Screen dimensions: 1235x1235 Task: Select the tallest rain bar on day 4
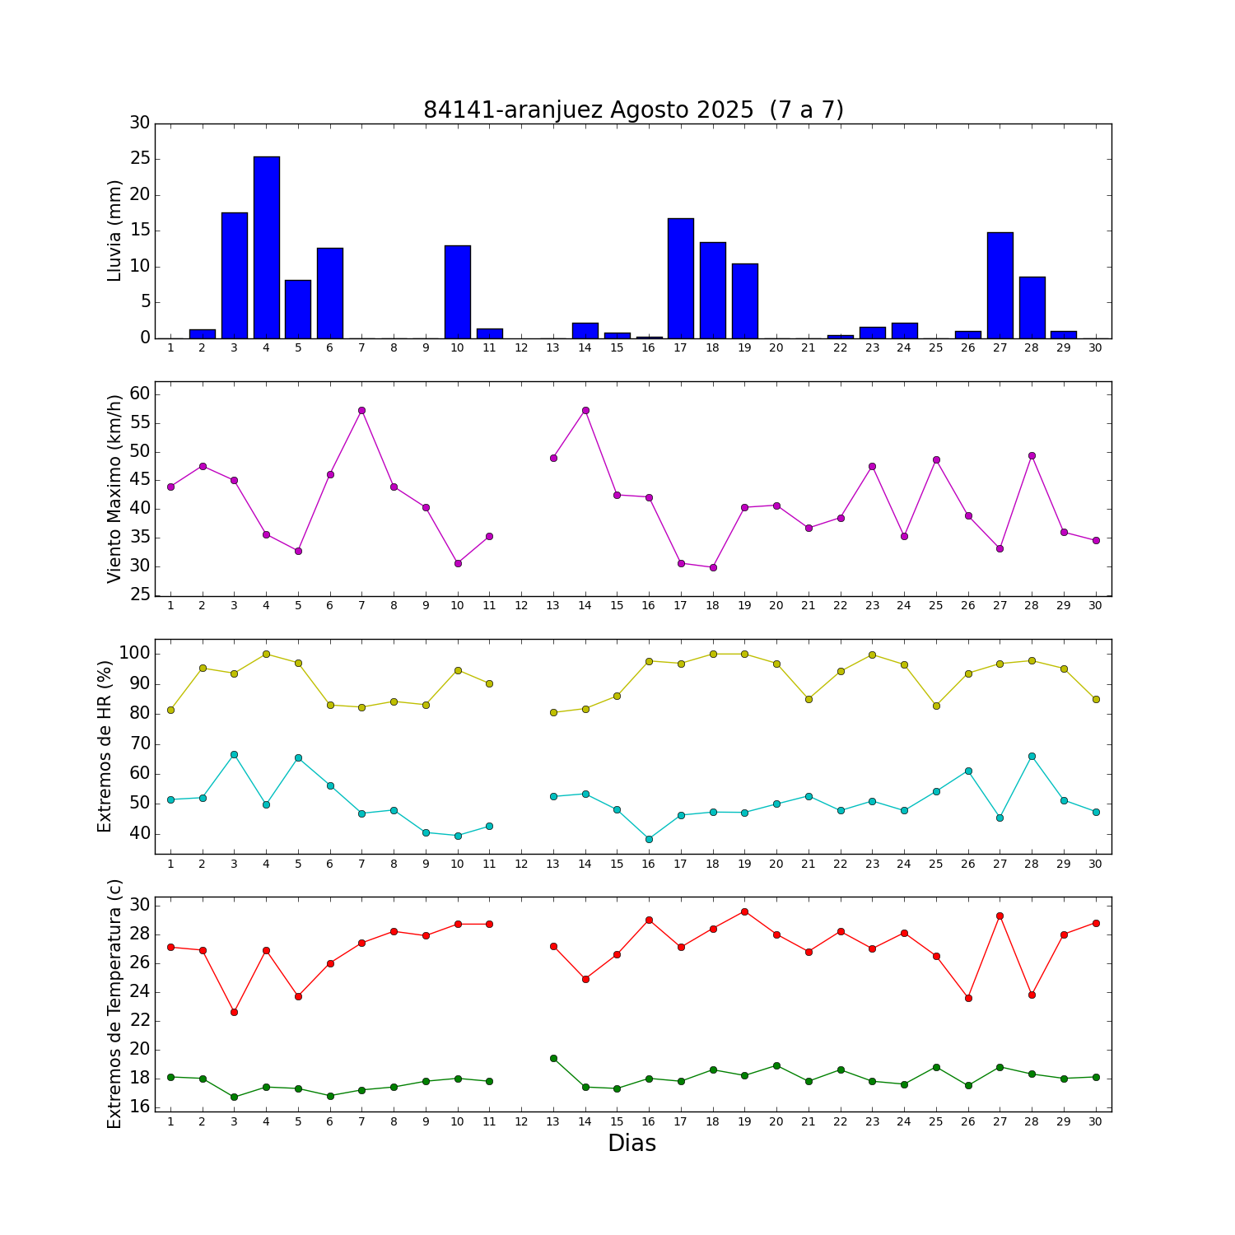pos(266,247)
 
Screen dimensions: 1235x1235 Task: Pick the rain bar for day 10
pos(457,291)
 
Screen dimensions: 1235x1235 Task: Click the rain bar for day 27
pos(1000,285)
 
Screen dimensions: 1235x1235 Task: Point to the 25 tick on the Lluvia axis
pos(140,159)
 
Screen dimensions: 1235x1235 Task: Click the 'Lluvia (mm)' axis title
pos(114,231)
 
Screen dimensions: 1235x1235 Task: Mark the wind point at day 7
pos(361,410)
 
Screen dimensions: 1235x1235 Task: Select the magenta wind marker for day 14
pos(585,410)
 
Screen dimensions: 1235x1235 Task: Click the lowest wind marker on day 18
pos(713,567)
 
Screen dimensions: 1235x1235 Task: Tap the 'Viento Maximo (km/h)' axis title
pos(114,488)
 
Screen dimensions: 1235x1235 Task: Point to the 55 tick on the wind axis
pos(140,423)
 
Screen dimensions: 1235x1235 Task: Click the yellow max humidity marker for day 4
pos(266,654)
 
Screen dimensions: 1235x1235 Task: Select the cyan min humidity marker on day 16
pos(649,839)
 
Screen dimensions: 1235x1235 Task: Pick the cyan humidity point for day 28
pos(1032,756)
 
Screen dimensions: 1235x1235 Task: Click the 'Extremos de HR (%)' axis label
pos(105,746)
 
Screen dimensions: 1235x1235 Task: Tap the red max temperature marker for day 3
pos(234,1012)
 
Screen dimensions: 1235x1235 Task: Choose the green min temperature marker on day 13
pos(553,1058)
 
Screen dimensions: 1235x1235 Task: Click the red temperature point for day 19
pos(744,911)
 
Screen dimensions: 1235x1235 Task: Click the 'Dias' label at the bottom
pos(631,1143)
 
